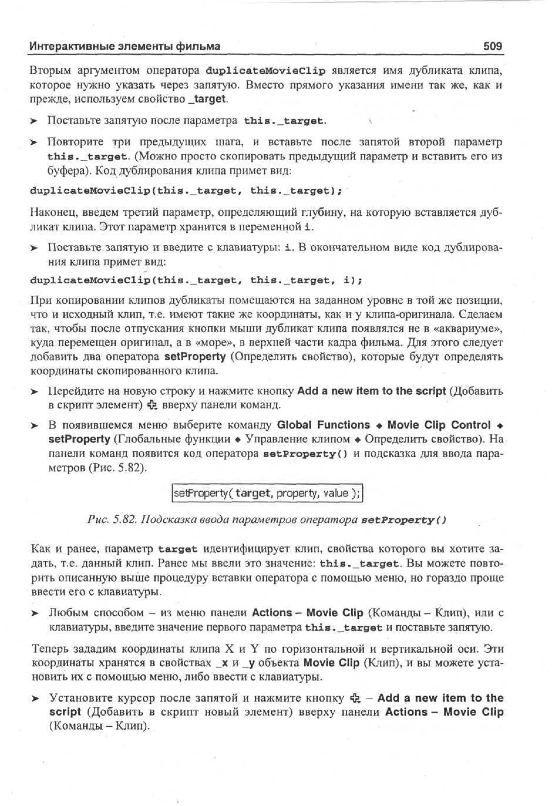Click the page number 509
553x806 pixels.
[492, 46]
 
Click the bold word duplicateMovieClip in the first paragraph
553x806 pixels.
[265, 71]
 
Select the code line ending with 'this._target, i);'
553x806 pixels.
[196, 280]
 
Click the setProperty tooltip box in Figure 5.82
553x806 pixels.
[267, 493]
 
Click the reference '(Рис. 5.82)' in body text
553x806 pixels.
[118, 468]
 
